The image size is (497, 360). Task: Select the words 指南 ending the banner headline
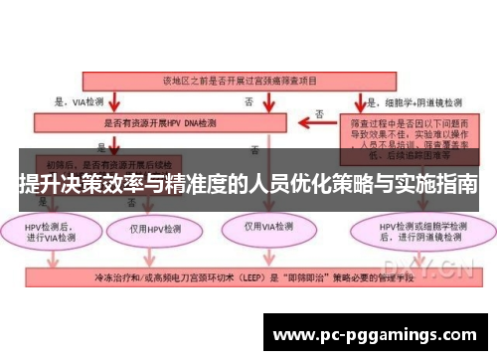[457, 184]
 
